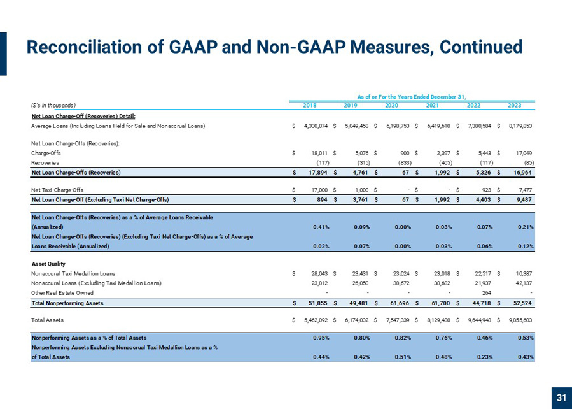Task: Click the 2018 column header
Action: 310,106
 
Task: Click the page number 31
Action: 561,398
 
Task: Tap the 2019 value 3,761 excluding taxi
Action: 362,200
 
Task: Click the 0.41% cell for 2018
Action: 321,227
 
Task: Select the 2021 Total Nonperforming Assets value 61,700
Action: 442,303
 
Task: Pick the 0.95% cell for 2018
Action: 321,338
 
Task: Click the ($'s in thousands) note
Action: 53,106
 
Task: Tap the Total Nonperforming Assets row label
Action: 67,303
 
